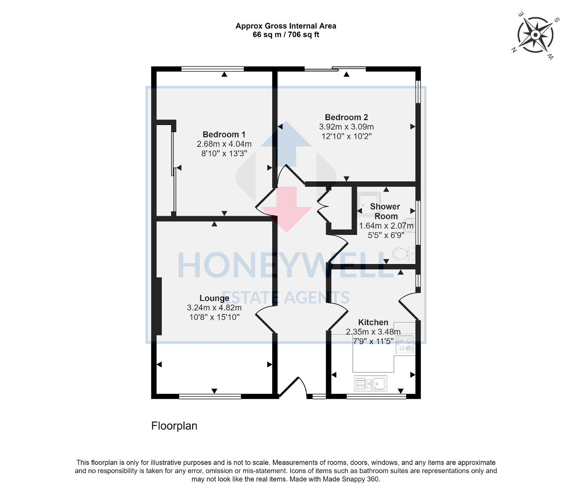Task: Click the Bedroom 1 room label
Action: click(x=224, y=134)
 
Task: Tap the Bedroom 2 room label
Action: click(x=346, y=117)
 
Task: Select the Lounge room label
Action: click(x=214, y=298)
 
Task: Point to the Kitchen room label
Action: click(x=373, y=322)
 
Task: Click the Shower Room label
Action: click(x=385, y=211)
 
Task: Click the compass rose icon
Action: click(x=535, y=35)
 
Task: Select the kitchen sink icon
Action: click(x=371, y=383)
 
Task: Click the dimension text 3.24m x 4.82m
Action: click(x=214, y=308)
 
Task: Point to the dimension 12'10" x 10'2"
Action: click(x=346, y=136)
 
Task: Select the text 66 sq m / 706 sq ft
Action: click(x=286, y=35)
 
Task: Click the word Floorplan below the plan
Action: click(x=174, y=426)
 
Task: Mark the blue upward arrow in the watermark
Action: click(x=286, y=143)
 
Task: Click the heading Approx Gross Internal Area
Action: click(x=286, y=26)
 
